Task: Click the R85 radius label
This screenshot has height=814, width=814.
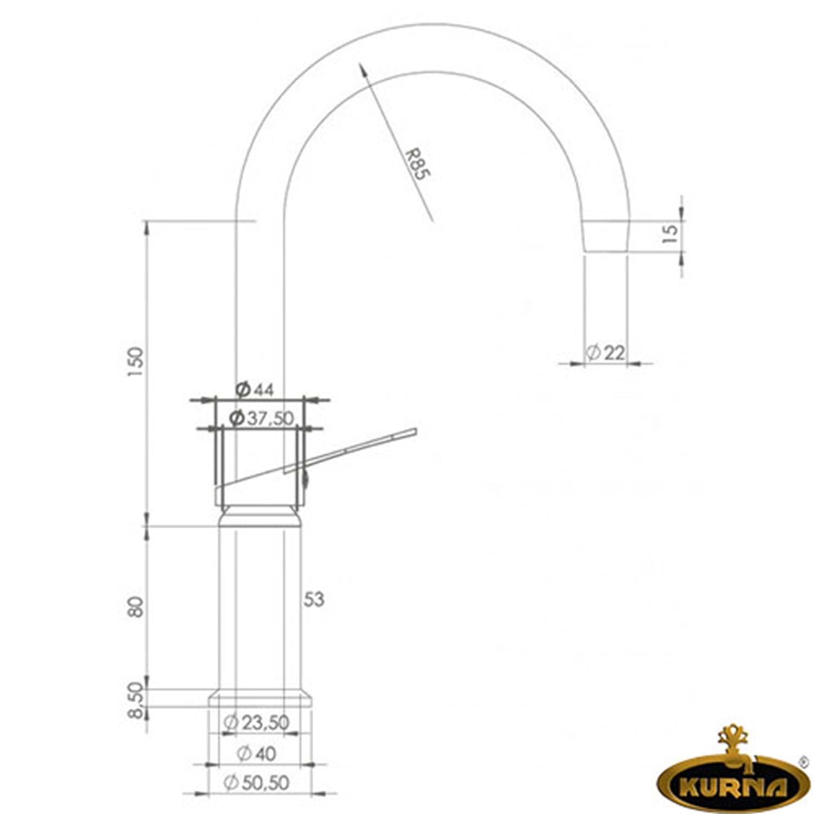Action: point(418,164)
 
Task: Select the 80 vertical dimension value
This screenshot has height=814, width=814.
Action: point(136,607)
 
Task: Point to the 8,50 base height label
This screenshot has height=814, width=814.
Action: point(136,700)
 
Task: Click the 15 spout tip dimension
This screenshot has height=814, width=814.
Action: point(671,233)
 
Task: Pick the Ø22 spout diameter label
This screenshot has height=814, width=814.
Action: point(606,353)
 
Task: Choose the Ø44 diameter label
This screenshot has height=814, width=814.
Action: point(255,389)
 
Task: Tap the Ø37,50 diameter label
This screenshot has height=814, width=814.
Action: point(262,418)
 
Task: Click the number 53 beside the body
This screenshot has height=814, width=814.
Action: point(314,599)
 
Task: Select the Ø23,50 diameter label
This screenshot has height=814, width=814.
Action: point(257,722)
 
